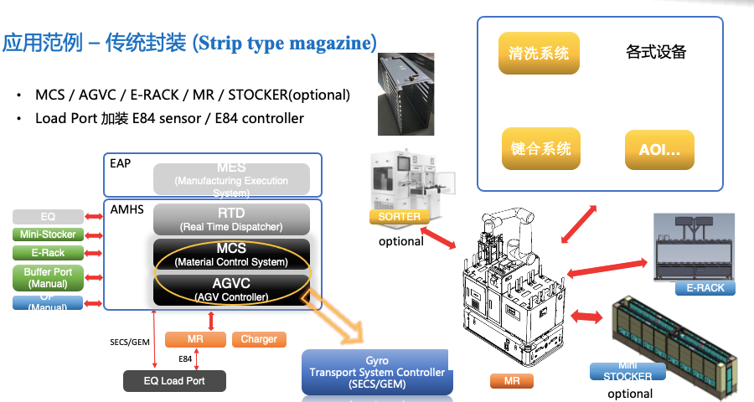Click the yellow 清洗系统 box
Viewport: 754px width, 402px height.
(x=539, y=54)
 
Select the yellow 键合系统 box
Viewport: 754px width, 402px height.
(x=540, y=149)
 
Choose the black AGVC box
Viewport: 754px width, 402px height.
(x=231, y=289)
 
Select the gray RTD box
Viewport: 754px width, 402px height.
(x=231, y=219)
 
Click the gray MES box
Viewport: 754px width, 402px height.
(x=231, y=179)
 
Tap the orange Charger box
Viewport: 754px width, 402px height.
(x=259, y=339)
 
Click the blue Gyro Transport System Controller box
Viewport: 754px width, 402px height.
(x=377, y=372)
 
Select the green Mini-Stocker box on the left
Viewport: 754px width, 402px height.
(x=48, y=234)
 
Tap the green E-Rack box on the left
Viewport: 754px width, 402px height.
(x=48, y=252)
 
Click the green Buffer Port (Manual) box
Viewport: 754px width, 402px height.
(x=48, y=277)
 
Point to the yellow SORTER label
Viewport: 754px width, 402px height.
(x=400, y=217)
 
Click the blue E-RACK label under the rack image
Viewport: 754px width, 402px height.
(x=705, y=288)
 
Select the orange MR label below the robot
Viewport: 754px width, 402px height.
(x=511, y=381)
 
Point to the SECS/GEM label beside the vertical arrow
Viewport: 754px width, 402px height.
(x=130, y=342)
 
